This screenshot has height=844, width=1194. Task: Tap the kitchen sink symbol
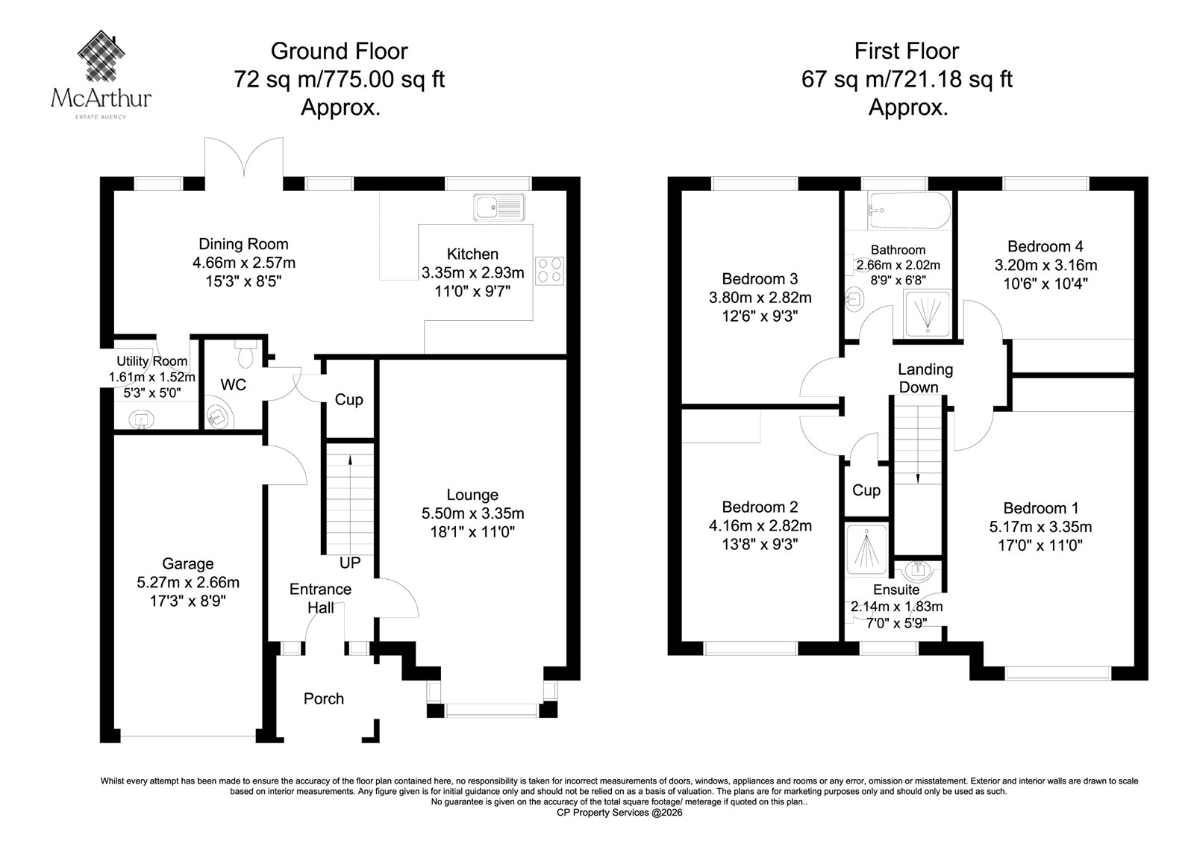pos(499,207)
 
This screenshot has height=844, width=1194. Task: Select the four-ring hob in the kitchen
pos(549,270)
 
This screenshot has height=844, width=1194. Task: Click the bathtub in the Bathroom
pos(909,210)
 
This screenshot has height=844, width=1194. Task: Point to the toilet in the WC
pos(246,354)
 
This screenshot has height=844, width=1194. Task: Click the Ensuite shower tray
pos(866,550)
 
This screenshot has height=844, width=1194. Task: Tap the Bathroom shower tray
pos(928,313)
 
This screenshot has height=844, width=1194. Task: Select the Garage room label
pos(187,563)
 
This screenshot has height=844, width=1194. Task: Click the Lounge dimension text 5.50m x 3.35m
pos(473,513)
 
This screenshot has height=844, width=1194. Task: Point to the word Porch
pos(324,698)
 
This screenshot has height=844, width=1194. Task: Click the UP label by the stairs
pos(350,563)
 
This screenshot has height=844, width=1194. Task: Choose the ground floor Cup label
pos(348,399)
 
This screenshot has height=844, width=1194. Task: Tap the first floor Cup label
pos(866,490)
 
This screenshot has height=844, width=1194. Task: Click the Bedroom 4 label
pos(1045,246)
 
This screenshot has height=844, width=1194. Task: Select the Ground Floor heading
pos(339,51)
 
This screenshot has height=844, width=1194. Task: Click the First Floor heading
pos(907,51)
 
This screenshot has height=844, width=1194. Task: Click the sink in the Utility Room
pos(141,419)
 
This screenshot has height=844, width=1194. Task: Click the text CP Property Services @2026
pos(619,813)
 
